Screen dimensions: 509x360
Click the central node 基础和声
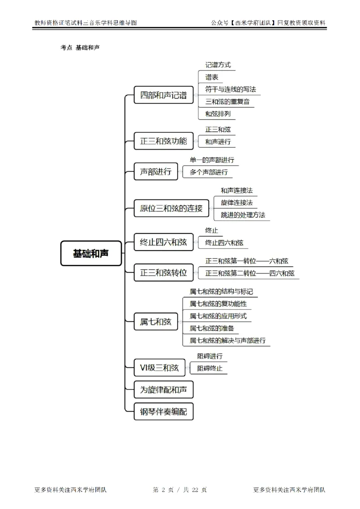pos(91,253)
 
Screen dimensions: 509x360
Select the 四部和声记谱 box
pos(164,95)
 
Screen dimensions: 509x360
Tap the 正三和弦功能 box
pos(164,141)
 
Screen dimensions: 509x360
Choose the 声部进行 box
pos(156,171)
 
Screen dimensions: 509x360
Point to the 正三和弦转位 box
pos(164,272)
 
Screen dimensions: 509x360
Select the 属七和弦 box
pos(156,321)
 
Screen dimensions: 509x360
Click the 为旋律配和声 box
pos(164,390)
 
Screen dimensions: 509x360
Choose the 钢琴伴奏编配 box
pos(164,411)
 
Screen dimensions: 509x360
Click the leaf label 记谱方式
pos(218,65)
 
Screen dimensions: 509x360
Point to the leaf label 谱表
pos(212,77)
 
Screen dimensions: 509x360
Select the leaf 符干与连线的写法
pos(230,89)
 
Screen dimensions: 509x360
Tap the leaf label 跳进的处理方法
pos(243,215)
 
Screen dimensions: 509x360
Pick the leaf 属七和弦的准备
pos(211,328)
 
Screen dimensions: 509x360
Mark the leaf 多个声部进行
pos(209,172)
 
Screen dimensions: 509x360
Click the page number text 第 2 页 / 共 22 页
pos(180,490)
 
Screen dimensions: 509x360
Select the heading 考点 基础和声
pos(80,47)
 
